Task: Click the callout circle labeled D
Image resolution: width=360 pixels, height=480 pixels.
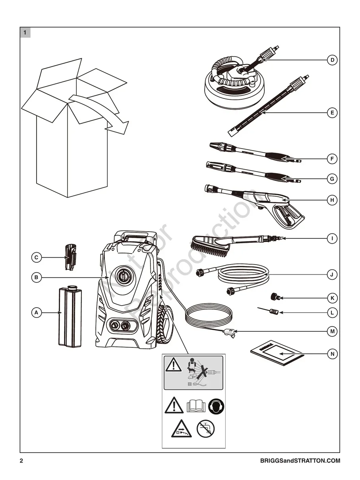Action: pos(332,60)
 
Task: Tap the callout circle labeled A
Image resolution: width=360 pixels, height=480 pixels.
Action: pos(36,313)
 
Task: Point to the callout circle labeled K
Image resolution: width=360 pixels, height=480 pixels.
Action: pos(332,298)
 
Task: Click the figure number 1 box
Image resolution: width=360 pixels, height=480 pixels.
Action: pos(25,33)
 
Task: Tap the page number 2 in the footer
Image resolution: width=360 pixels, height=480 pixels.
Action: pos(22,461)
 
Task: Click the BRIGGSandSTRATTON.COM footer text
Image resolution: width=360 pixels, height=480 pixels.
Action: pos(300,461)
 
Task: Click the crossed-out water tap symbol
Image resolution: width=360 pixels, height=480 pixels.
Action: pos(205,429)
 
